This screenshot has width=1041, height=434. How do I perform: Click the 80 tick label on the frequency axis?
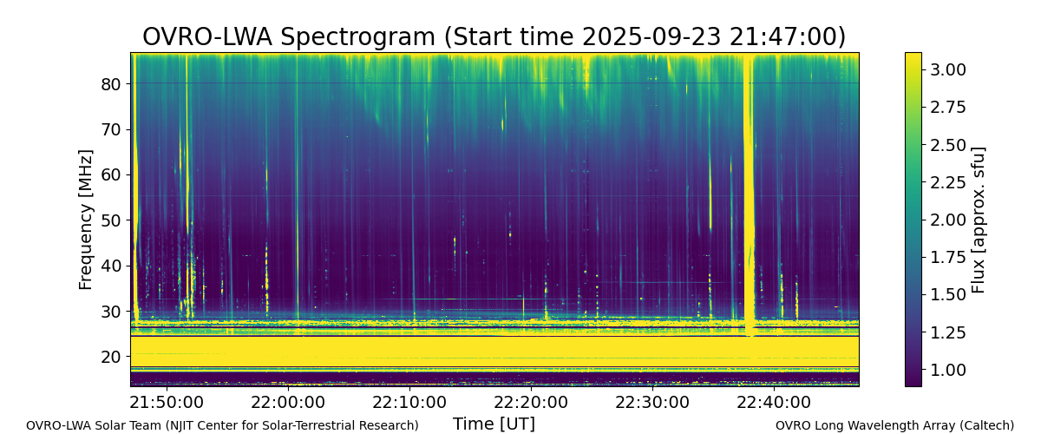(110, 84)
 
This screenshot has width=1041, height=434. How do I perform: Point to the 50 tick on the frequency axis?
(128, 220)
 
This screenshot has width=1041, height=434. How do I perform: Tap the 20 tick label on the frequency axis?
(110, 357)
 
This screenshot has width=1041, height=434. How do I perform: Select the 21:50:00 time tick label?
(167, 403)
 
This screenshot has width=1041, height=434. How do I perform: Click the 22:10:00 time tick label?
(409, 403)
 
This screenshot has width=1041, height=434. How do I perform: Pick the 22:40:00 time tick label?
(774, 403)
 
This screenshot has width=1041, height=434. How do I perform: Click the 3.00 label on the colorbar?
(948, 69)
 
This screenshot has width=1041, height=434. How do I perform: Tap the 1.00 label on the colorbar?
(948, 371)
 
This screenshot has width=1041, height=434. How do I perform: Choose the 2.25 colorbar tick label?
(948, 182)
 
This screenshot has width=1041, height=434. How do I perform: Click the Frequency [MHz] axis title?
(86, 220)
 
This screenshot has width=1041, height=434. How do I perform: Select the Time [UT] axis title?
(494, 424)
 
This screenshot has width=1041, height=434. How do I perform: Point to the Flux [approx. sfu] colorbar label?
(979, 220)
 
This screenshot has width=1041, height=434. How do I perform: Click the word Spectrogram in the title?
(357, 36)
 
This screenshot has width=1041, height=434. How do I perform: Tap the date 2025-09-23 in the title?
(652, 36)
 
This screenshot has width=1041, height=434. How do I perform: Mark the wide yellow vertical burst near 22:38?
(749, 195)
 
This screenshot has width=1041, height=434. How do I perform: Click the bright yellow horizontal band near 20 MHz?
(494, 352)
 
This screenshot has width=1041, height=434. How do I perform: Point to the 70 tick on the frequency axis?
(128, 129)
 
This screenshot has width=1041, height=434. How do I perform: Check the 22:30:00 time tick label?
(652, 403)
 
